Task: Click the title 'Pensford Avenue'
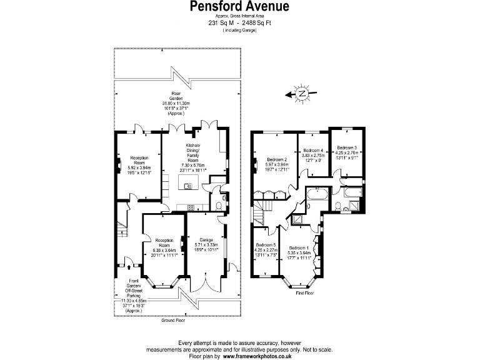tap(239, 7)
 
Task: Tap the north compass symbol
tap(302, 94)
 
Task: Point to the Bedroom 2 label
tap(276, 159)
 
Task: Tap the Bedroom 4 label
tap(313, 151)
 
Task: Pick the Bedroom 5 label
tap(266, 245)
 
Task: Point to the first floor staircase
tap(259, 215)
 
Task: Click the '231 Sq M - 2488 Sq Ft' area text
tap(239, 23)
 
